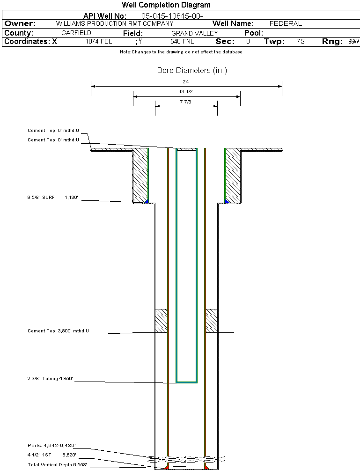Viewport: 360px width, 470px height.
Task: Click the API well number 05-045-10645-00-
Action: (x=172, y=16)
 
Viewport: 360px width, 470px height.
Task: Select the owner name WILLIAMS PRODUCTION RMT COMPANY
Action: (x=114, y=23)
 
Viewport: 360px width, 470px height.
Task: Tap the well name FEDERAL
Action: (x=286, y=23)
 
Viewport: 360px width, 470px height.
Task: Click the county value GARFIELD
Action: (x=76, y=33)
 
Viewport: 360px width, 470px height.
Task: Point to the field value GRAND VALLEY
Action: (x=194, y=33)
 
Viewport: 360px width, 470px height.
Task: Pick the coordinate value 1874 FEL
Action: (x=99, y=42)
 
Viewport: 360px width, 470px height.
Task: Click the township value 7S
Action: (x=301, y=42)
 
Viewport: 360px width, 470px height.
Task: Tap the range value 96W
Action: (x=353, y=42)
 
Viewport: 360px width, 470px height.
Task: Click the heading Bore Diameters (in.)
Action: (x=192, y=71)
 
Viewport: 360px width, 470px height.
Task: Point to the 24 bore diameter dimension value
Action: (x=186, y=81)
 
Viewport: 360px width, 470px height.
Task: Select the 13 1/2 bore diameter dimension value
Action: (x=186, y=92)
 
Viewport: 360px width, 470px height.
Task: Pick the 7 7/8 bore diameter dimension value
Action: (x=186, y=102)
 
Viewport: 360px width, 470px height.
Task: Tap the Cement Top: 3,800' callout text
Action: (x=58, y=331)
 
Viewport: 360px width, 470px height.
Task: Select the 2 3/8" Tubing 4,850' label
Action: (x=51, y=379)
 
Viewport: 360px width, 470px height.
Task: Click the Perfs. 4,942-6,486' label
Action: (x=51, y=445)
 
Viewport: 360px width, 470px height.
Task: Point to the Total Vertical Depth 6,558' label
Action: (x=57, y=464)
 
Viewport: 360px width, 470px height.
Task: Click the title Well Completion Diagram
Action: (x=166, y=5)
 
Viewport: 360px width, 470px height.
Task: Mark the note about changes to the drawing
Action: (x=181, y=52)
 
